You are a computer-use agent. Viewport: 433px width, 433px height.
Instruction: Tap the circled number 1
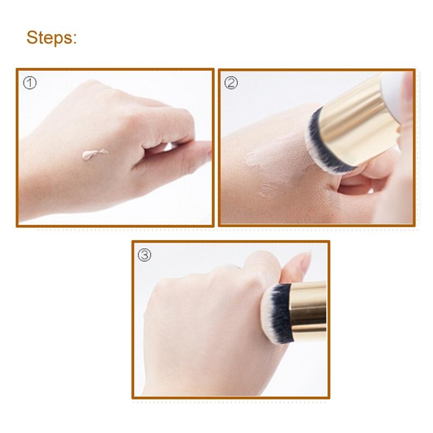pyautogui.click(x=29, y=83)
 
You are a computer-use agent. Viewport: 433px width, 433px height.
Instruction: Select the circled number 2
pyautogui.click(x=231, y=83)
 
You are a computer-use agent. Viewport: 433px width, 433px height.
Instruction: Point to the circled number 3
pyautogui.click(x=145, y=255)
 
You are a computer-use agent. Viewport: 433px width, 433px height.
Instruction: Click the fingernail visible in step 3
pyautogui.click(x=305, y=262)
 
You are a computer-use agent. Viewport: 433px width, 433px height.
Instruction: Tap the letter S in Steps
pyautogui.click(x=32, y=38)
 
